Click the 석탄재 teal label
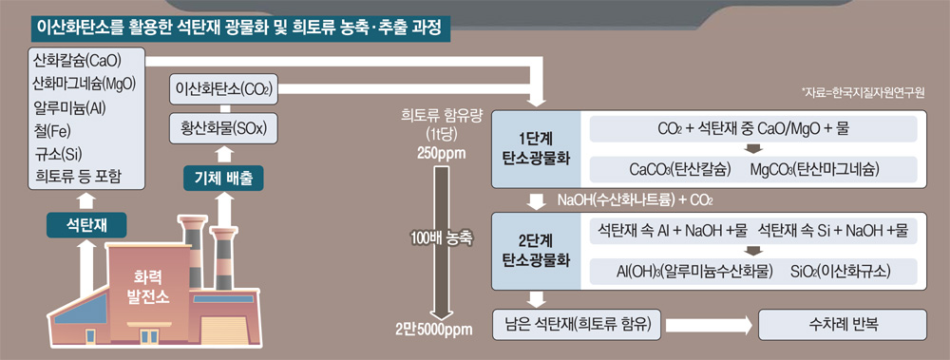[86, 225]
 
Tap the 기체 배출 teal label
[223, 179]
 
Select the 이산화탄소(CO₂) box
[222, 89]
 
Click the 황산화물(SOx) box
[224, 128]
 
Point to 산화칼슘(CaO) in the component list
[77, 61]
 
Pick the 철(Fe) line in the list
[52, 131]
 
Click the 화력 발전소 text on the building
[148, 287]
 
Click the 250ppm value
[441, 152]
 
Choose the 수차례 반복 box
[842, 325]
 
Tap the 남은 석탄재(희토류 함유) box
[576, 324]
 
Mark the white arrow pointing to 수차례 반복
[709, 326]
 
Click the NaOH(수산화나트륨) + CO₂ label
[635, 200]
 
